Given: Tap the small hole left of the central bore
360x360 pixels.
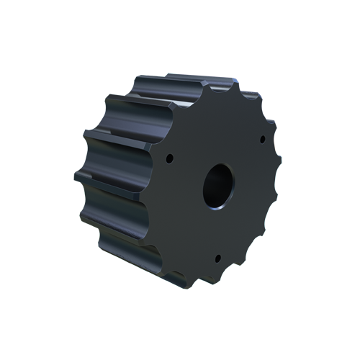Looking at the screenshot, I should click(x=169, y=157).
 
